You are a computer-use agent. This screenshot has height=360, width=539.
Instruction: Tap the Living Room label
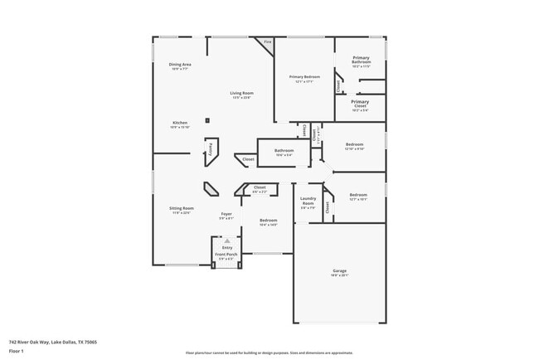pyautogui.click(x=241, y=93)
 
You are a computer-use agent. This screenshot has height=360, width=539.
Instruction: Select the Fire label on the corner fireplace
pyautogui.click(x=267, y=41)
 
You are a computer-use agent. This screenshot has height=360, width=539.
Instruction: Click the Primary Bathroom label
pyautogui.click(x=361, y=60)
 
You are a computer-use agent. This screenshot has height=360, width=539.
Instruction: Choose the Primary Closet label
pyautogui.click(x=359, y=104)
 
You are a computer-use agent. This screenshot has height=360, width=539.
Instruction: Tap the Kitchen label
pyautogui.click(x=180, y=123)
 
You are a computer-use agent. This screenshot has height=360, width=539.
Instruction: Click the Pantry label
pyautogui.click(x=211, y=150)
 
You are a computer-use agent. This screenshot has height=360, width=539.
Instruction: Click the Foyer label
pyautogui.click(x=226, y=215)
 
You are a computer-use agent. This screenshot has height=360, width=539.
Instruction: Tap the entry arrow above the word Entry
pyautogui.click(x=226, y=240)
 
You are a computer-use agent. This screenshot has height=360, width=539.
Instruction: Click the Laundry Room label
pyautogui.click(x=308, y=202)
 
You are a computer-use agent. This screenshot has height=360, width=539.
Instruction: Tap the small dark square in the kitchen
pyautogui.click(x=207, y=119)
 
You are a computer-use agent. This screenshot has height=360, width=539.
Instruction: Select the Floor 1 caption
pyautogui.click(x=17, y=352)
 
